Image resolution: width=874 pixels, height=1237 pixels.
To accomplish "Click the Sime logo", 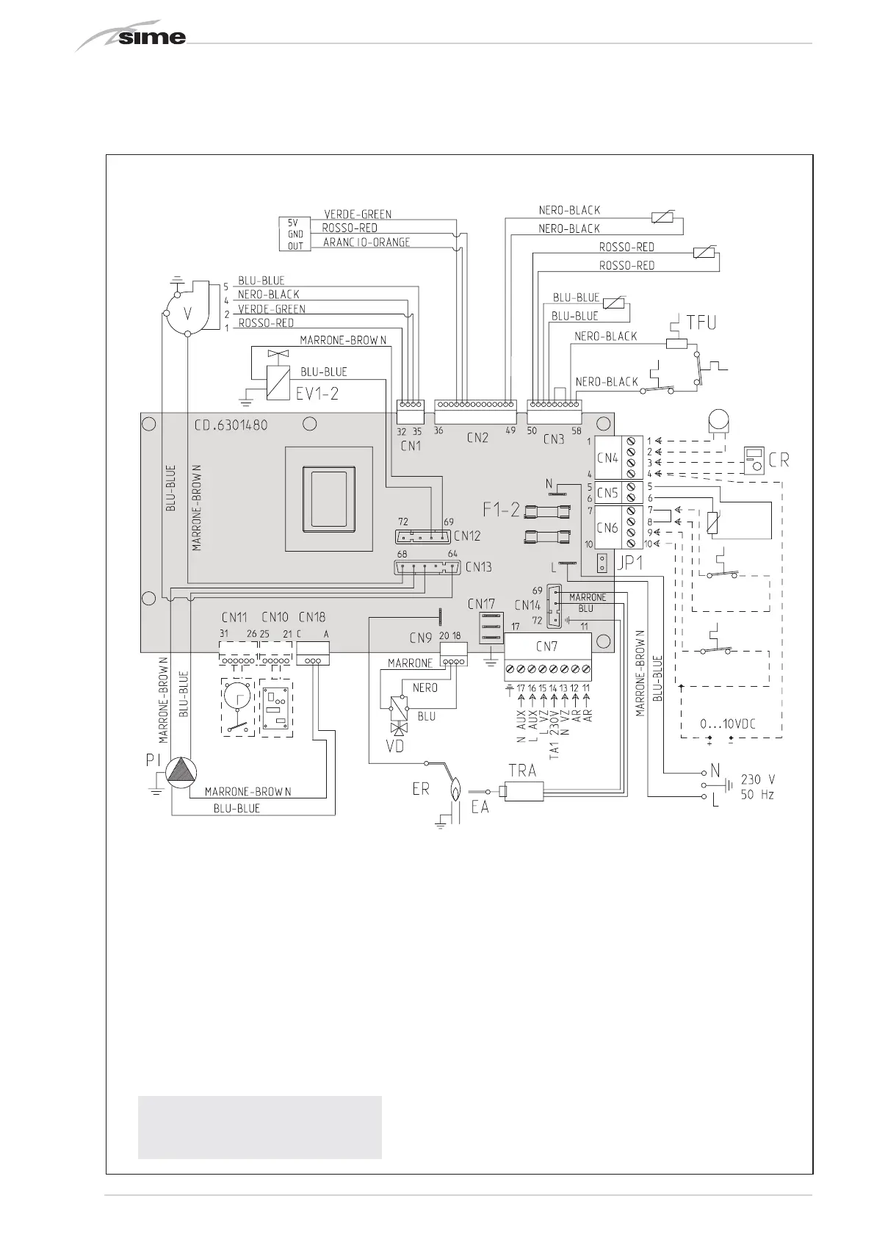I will [132, 36].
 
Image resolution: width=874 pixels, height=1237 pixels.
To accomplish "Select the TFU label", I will [701, 322].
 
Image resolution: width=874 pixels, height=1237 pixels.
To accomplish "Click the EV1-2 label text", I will [317, 393].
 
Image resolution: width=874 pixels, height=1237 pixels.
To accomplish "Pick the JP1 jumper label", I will [629, 564].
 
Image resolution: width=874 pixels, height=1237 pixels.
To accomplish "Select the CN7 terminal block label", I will [546, 646].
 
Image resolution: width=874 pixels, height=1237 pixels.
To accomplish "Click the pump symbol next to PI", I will [181, 771].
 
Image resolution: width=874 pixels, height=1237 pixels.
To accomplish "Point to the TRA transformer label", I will [522, 771].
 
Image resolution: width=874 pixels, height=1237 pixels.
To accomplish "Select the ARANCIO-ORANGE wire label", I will [366, 242].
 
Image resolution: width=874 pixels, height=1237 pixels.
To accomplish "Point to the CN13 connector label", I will [478, 566].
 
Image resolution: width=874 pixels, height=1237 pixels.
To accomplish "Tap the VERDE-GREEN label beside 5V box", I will [358, 214].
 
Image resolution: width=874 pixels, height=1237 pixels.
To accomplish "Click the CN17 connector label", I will [482, 603].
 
